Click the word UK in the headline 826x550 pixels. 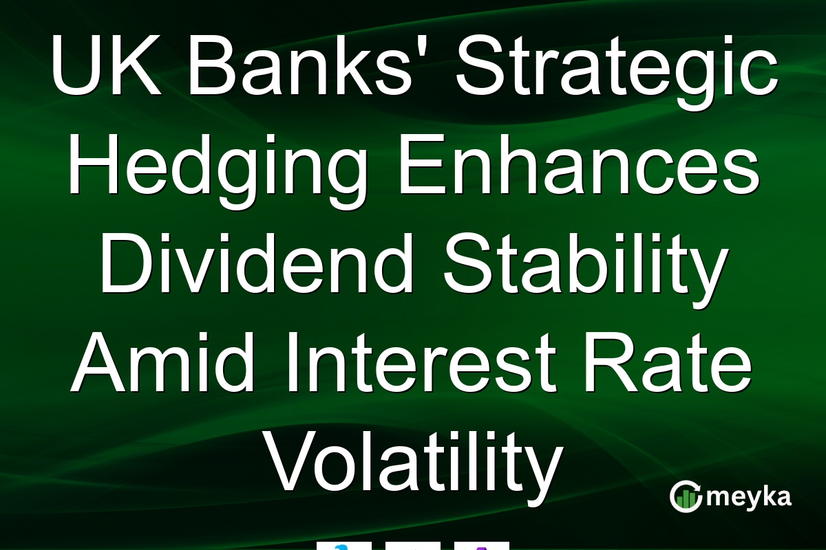(107, 65)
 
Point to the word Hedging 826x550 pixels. (218, 172)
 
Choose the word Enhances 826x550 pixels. (580, 164)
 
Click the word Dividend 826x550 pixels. (257, 263)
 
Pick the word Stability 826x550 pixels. (586, 271)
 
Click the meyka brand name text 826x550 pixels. (749, 498)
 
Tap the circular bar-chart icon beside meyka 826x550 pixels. (686, 496)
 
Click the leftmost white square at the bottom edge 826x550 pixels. (344, 546)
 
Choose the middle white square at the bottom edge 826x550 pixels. (413, 546)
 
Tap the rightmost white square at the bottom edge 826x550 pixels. (482, 546)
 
